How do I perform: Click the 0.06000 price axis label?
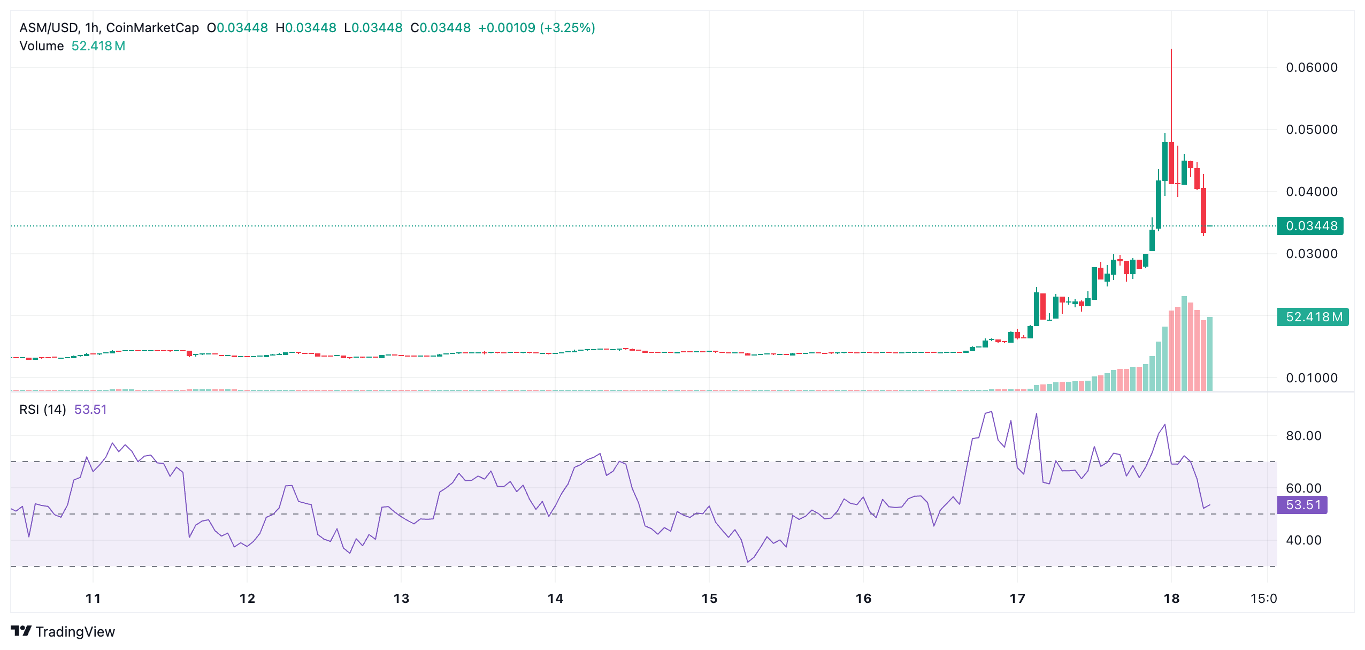tap(1311, 67)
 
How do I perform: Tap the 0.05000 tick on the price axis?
tap(1311, 130)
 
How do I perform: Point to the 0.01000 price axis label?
tap(1311, 378)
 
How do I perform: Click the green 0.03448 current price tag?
tap(1310, 226)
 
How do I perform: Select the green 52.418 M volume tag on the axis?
tap(1313, 317)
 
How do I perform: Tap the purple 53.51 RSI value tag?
tap(1302, 505)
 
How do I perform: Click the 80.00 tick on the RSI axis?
tap(1303, 436)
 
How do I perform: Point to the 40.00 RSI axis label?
tap(1303, 540)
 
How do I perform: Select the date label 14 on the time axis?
tap(555, 599)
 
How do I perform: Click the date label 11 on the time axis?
tap(93, 599)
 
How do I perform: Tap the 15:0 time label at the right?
tap(1263, 599)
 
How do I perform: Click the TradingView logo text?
tap(75, 632)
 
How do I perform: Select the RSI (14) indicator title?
tap(43, 410)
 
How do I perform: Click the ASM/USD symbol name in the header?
tap(49, 28)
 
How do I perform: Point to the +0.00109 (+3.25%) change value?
tap(536, 28)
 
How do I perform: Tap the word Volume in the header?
tap(42, 46)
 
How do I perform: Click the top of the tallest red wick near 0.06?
tap(1171, 50)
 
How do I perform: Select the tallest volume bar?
tap(1184, 343)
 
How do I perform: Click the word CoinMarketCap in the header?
tap(152, 28)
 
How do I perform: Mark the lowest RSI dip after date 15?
tap(748, 562)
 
